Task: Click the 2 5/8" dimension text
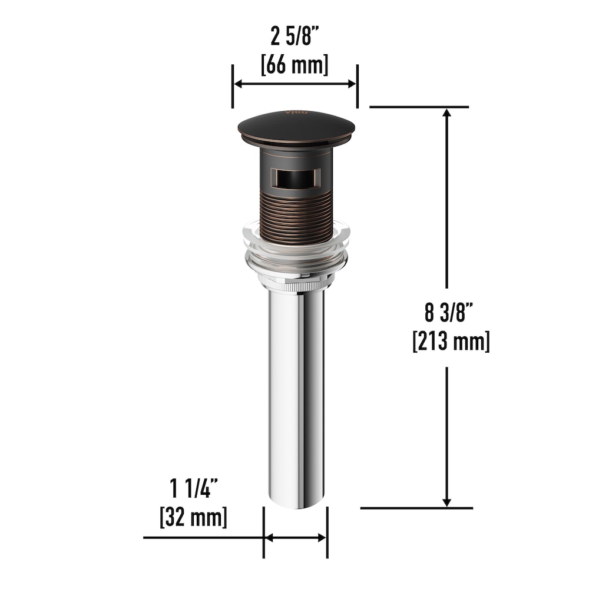(294, 37)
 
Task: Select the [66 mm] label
(294, 64)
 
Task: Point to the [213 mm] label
(451, 341)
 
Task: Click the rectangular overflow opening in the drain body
(296, 177)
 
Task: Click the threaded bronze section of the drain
(297, 218)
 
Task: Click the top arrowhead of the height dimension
(447, 114)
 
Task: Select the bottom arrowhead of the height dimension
(447, 501)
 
